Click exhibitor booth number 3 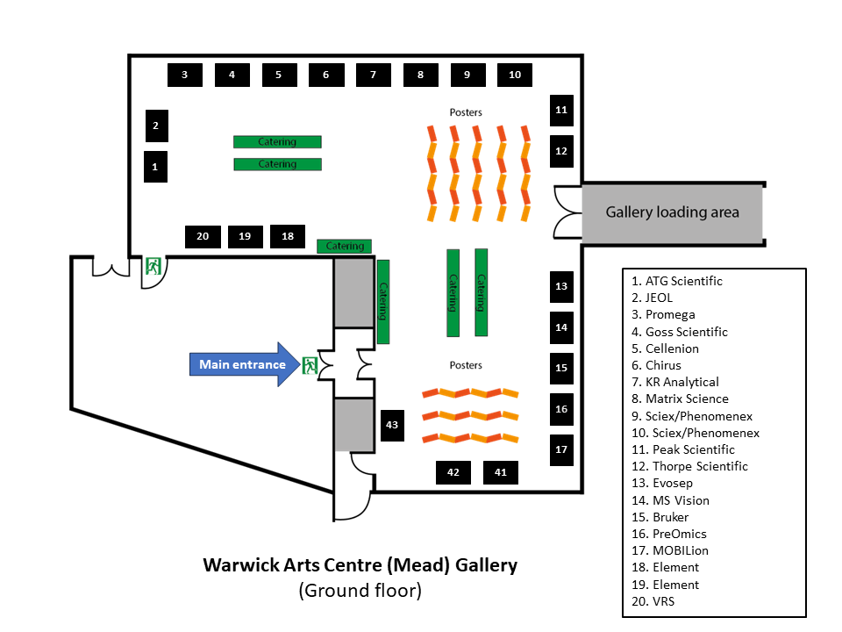(185, 75)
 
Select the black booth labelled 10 (515, 75)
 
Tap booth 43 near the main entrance (392, 425)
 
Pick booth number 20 (203, 236)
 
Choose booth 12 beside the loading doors (561, 151)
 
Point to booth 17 (561, 449)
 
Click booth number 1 (155, 166)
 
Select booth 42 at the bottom (453, 472)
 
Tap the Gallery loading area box (672, 212)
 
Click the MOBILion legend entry (680, 550)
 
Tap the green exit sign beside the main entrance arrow (309, 365)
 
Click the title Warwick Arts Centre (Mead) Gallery (360, 564)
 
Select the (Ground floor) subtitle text (360, 591)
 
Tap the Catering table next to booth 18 (345, 246)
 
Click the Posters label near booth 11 (466, 112)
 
